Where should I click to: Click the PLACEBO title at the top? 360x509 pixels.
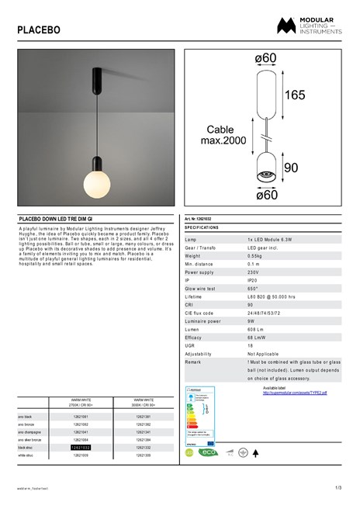(x=38, y=30)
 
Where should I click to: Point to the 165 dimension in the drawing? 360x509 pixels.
(x=294, y=96)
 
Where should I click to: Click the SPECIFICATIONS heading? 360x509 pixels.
(x=202, y=228)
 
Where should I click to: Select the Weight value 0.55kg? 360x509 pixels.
(x=255, y=255)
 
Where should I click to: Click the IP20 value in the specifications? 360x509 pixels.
(x=252, y=281)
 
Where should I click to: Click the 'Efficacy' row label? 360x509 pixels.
(x=194, y=338)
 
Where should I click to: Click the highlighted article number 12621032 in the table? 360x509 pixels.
(x=81, y=448)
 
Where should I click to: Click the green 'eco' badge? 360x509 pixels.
(x=208, y=452)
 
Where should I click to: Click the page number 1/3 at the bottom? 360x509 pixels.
(x=337, y=487)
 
